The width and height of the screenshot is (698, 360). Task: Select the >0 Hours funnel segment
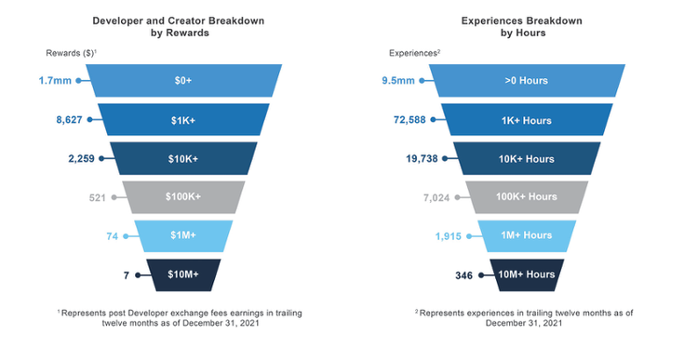[527, 80]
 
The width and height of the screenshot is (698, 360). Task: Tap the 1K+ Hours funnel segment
[527, 119]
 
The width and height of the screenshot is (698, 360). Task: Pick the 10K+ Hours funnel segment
[527, 158]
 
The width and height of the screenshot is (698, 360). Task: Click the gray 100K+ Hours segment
[527, 197]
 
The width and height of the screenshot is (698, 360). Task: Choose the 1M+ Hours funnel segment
[527, 236]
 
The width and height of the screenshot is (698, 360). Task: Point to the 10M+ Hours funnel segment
[527, 274]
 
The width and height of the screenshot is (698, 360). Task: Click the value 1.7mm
[56, 80]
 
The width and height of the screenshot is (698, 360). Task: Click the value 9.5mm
[399, 80]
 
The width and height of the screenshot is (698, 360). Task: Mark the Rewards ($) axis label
[71, 53]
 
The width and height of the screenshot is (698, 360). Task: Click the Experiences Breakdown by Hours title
[527, 25]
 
